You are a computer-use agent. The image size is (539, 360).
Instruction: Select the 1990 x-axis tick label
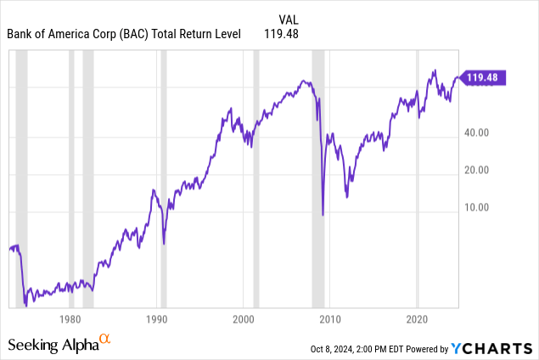click(x=156, y=320)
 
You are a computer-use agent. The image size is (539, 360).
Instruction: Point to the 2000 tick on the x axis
click(x=244, y=320)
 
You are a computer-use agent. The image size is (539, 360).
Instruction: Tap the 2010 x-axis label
click(x=330, y=320)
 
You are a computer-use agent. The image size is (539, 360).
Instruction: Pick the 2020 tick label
click(x=417, y=320)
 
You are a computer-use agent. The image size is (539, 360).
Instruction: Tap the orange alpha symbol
click(x=105, y=340)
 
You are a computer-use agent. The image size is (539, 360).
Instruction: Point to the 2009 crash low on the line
click(x=323, y=214)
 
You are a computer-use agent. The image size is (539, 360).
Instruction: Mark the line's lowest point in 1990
click(x=164, y=244)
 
